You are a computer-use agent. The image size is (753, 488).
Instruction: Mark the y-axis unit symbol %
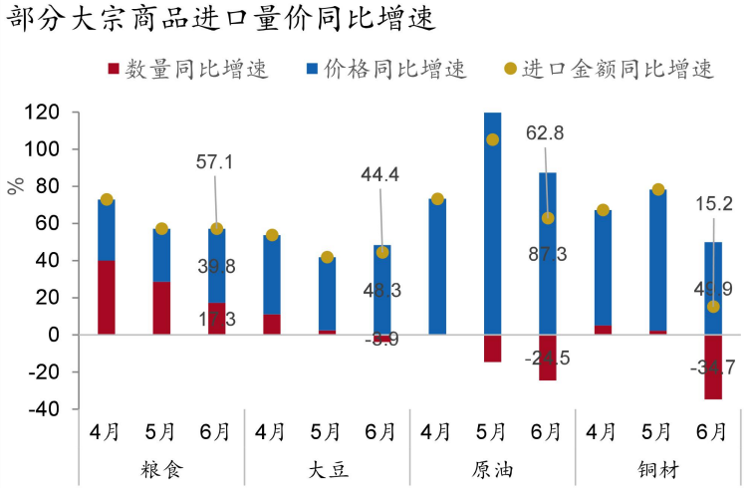(x=15, y=186)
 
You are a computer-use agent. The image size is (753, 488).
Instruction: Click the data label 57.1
(x=215, y=162)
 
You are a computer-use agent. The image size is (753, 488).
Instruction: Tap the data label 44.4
(x=380, y=175)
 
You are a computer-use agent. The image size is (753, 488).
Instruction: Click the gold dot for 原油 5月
(x=493, y=139)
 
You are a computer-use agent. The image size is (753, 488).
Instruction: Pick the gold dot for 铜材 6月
(x=713, y=306)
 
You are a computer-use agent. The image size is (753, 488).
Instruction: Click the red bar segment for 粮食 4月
(x=107, y=297)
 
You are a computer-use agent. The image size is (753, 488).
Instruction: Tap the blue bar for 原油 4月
(x=438, y=267)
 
